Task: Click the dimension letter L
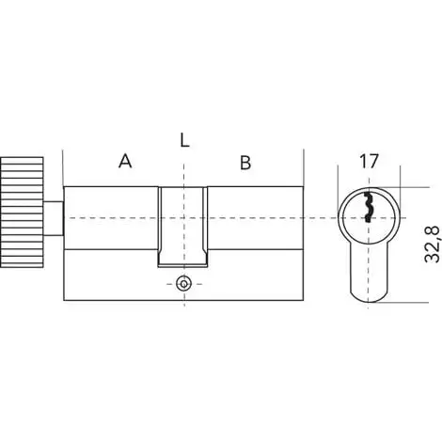(x=184, y=141)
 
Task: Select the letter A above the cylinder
(x=124, y=162)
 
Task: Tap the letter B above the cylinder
(x=245, y=162)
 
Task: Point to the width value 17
(x=370, y=162)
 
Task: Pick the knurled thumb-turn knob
(x=22, y=216)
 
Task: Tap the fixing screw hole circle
(x=183, y=282)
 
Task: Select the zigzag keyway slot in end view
(x=368, y=207)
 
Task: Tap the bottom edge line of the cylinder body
(x=183, y=300)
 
